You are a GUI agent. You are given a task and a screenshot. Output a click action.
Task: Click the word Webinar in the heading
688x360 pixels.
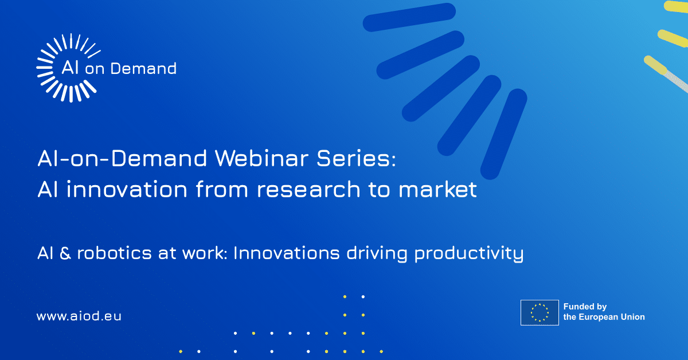[261, 158]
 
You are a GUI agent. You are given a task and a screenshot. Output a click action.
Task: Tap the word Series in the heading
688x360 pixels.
[353, 158]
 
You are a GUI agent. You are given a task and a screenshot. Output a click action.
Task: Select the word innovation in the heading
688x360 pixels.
[127, 189]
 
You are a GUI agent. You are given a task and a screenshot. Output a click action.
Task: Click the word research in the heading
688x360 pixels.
[308, 190]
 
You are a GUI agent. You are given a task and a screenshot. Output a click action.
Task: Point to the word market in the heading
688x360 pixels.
[437, 189]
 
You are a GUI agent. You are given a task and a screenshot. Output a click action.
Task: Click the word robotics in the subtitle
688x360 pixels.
[114, 253]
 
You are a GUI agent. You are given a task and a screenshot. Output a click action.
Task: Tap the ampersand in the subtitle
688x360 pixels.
[65, 253]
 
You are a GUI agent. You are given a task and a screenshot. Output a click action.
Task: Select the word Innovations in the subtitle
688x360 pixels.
[286, 253]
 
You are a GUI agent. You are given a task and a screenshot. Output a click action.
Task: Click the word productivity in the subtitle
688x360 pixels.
[469, 255]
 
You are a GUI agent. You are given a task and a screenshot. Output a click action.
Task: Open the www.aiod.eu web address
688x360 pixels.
[79, 316]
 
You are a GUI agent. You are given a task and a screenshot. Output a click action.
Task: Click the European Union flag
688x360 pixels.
[540, 312]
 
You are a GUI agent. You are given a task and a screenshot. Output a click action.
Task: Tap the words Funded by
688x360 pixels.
[585, 307]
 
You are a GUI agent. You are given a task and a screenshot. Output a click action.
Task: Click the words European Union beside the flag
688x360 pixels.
[612, 317]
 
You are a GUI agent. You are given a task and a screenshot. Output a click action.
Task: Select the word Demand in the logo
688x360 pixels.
[143, 68]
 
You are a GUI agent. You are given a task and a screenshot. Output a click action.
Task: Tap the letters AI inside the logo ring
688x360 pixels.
[70, 67]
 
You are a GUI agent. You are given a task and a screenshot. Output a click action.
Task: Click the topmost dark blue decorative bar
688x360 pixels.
[409, 17]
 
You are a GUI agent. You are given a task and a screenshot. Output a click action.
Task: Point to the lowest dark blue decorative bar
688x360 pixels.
[504, 134]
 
